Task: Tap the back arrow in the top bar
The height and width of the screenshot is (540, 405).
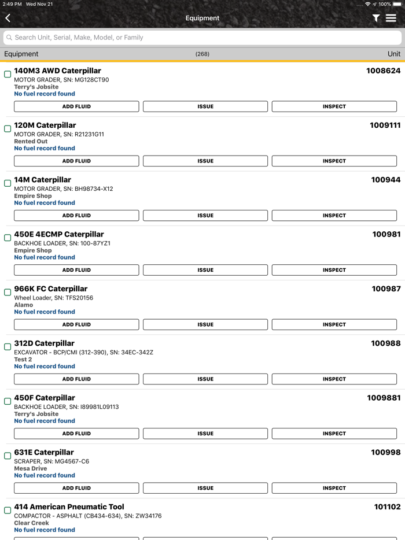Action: [8, 19]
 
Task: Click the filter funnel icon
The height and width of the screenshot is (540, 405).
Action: [376, 19]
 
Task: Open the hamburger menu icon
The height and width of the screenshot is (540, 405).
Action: [391, 19]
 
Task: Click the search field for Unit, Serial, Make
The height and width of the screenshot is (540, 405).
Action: [203, 38]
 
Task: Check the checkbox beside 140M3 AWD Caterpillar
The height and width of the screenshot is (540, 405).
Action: [8, 74]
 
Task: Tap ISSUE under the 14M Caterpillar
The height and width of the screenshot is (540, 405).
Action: [205, 216]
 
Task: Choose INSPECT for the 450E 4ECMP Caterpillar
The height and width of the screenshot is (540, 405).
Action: [334, 270]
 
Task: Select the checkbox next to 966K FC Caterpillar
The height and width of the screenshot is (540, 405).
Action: [8, 292]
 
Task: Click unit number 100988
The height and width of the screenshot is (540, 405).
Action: [385, 343]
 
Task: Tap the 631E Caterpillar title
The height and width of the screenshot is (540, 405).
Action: [44, 452]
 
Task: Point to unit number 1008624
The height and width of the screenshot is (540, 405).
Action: [383, 71]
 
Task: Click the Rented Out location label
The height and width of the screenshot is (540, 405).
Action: [31, 141]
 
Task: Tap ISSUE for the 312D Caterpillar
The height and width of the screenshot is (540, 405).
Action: [205, 379]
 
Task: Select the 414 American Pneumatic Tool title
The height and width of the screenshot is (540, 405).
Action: [69, 507]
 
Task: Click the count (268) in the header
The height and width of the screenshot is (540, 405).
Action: [203, 54]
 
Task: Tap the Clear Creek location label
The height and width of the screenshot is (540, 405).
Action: [31, 523]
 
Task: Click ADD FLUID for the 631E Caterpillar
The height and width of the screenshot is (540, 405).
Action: [76, 488]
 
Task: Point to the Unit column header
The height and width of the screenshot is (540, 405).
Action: [393, 54]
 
